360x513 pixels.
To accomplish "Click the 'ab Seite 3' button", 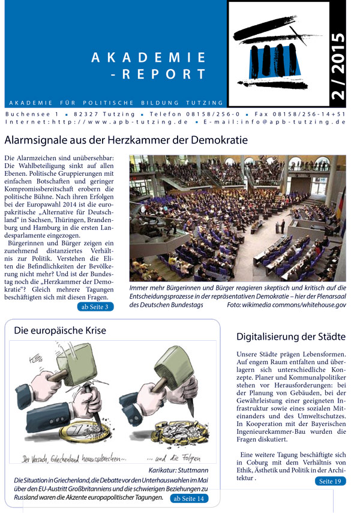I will pyautogui.click(x=95, y=307).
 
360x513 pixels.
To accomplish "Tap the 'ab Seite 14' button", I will pyautogui.click(x=189, y=499).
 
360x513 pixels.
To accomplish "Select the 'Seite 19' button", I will pyautogui.click(x=330, y=481).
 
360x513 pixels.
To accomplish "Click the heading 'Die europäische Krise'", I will pyautogui.click(x=60, y=331).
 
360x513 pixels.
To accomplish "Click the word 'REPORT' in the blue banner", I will pyautogui.click(x=163, y=74).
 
